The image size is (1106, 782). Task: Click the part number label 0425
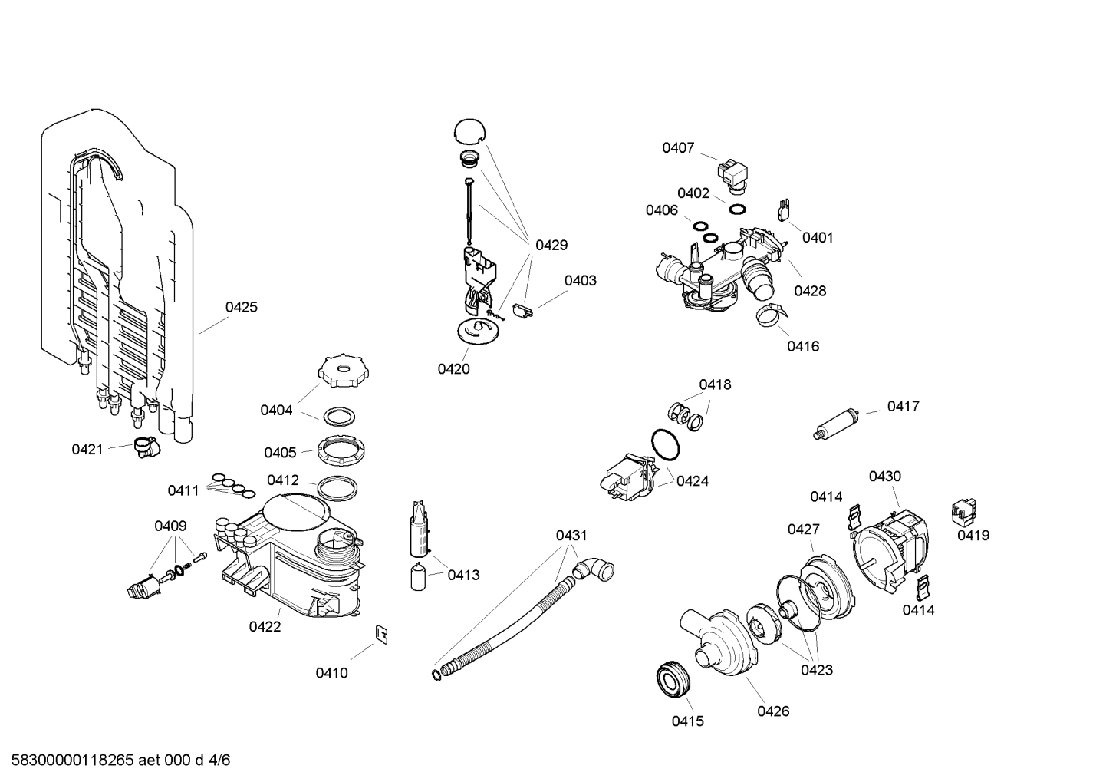coord(241,307)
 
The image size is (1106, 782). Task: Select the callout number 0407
coord(678,147)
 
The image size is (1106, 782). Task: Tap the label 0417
coord(903,406)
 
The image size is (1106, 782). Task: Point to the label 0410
coord(331,673)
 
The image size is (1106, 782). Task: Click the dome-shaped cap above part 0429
coord(470,130)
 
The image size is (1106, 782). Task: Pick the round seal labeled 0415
coord(675,679)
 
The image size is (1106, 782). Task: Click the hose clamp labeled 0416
coord(771,314)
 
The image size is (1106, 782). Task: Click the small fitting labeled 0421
coord(144,446)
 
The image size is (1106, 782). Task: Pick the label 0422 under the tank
coord(265,626)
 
